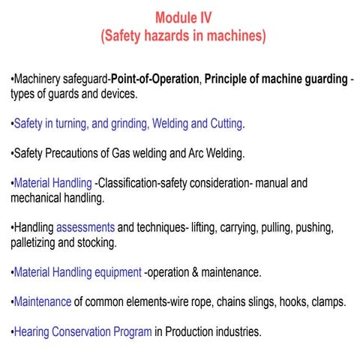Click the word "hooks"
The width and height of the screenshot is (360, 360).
tap(288, 301)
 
